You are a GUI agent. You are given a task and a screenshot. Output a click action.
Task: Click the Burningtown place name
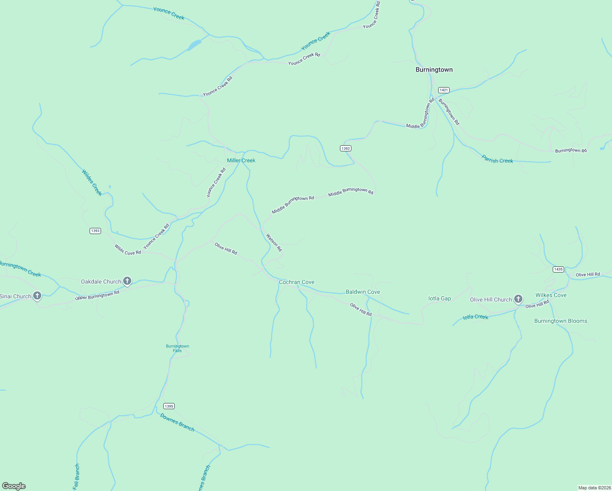[x=434, y=70]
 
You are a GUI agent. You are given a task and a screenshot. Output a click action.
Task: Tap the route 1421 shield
[x=444, y=90]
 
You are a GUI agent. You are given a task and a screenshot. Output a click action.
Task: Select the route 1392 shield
[x=346, y=148]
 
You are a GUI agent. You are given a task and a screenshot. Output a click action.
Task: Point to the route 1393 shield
[x=95, y=231]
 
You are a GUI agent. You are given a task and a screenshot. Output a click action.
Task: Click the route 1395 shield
[x=169, y=406]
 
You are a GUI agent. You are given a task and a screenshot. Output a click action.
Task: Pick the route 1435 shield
[x=558, y=269]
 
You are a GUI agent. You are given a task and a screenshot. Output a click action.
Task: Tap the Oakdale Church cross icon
[x=127, y=281]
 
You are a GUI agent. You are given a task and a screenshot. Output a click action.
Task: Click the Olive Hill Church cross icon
[x=518, y=299]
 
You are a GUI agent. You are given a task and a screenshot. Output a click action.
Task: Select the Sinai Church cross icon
[x=37, y=295]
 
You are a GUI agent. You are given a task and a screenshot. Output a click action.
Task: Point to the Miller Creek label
[x=241, y=160]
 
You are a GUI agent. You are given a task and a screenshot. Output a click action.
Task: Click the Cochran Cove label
[x=297, y=282]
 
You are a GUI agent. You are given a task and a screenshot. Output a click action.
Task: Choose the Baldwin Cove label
[x=363, y=292]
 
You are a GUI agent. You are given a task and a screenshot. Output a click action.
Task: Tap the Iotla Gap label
[x=439, y=298]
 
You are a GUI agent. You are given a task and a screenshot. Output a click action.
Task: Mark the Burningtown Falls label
[x=178, y=348]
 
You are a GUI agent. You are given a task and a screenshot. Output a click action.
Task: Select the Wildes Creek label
[x=92, y=182]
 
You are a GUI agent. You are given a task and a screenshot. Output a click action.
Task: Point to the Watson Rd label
[x=274, y=242]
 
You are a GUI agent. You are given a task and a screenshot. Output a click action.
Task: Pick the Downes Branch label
[x=177, y=422]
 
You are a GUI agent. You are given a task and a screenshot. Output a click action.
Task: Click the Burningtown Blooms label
[x=560, y=321]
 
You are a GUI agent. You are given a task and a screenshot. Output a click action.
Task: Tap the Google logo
[x=14, y=486]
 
